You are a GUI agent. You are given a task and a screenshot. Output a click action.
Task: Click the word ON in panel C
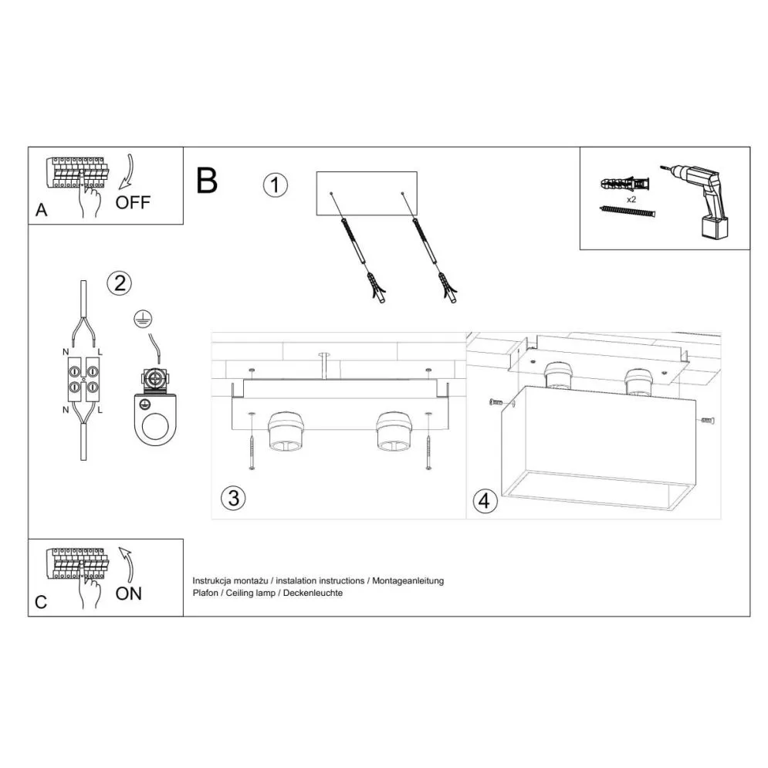[129, 594]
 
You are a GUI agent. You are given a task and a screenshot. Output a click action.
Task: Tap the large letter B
[207, 180]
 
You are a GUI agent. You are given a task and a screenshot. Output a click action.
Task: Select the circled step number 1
[275, 186]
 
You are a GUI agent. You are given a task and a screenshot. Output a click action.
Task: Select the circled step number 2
[118, 283]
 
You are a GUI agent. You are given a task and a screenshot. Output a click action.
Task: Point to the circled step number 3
[232, 498]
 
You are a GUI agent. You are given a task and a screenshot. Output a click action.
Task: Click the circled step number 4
[484, 501]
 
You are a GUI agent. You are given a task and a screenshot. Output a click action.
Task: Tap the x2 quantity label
[631, 199]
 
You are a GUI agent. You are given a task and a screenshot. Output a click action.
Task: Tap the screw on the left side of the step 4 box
[496, 403]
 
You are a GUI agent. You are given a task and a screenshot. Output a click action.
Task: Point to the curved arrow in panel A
[127, 171]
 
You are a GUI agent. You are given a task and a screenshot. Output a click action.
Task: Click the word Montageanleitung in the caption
[408, 580]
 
